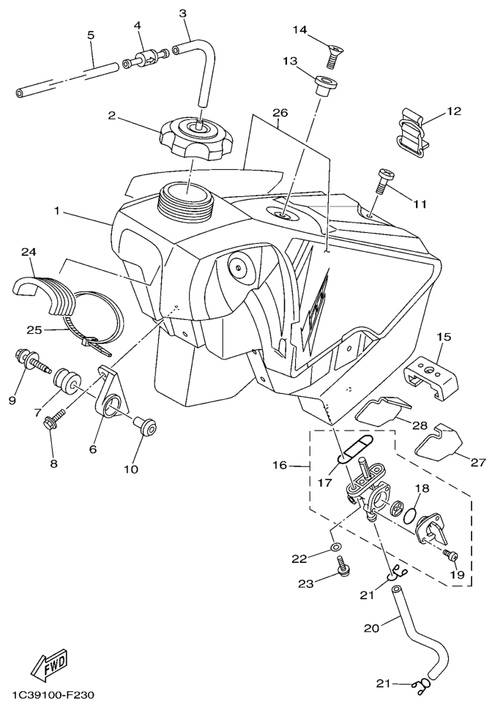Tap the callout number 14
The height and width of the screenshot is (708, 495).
click(300, 31)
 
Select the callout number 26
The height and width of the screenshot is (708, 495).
click(280, 113)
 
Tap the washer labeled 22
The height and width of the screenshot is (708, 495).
click(335, 547)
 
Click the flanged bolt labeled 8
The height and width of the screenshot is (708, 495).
click(53, 422)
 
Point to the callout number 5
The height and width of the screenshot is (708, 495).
click(91, 34)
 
